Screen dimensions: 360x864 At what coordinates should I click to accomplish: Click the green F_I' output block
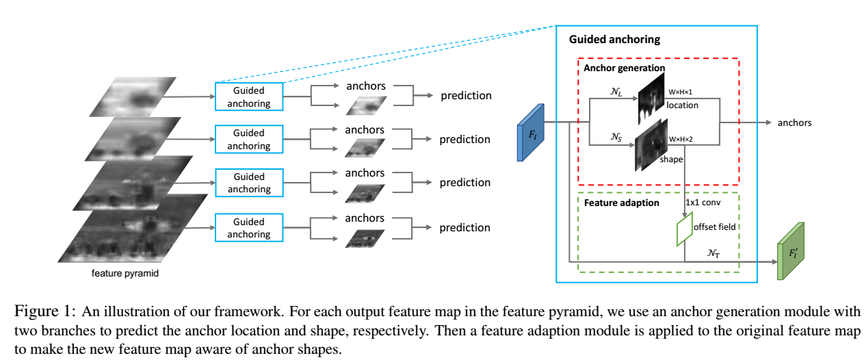pos(792,251)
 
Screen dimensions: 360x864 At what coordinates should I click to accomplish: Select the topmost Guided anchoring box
pos(248,97)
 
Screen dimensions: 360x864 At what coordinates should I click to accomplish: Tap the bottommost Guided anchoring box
pos(248,227)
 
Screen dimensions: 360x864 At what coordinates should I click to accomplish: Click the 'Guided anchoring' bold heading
pos(614,40)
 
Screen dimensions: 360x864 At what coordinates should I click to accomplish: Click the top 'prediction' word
pos(465,95)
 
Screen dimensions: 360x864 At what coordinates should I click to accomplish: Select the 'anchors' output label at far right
pos(794,123)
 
